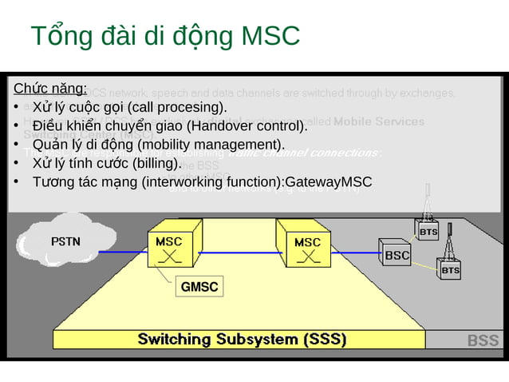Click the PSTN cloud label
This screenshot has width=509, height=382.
pos(65,241)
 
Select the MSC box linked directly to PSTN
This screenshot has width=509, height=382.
pos(168,249)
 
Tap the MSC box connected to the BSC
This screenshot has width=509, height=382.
pos(307,249)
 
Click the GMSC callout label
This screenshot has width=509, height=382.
pos(199,287)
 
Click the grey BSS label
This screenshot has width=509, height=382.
pos(483,341)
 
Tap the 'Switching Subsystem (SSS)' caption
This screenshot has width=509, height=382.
pos(242,340)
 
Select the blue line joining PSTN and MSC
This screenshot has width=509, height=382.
pos(124,252)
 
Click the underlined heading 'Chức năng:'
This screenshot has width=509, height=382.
pos(50,88)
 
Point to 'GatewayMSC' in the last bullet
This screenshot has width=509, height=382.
pos(328,182)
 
